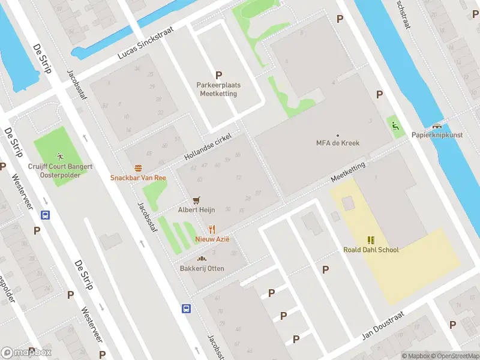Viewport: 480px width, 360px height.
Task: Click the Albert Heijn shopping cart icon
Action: (196, 200)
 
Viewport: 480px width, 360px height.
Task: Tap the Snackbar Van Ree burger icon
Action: (138, 168)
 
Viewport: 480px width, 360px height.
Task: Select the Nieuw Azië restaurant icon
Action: (212, 229)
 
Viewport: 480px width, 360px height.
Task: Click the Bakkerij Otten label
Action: (202, 268)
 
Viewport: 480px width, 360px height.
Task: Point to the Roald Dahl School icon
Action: (370, 240)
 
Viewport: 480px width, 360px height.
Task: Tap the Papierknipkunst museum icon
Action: (437, 126)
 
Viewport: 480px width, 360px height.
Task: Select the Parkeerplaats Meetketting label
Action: (219, 89)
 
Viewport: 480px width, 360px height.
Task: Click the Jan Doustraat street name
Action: (383, 325)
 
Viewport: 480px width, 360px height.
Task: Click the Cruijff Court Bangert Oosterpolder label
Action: (60, 170)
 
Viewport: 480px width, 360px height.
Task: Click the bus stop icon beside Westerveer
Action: (45, 215)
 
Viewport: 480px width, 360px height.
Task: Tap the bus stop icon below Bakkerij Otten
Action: (187, 309)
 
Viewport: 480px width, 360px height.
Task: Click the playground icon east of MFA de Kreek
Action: (394, 125)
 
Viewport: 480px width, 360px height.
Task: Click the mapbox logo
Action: (26, 352)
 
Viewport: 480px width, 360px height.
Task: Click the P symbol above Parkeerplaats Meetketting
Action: (218, 75)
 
